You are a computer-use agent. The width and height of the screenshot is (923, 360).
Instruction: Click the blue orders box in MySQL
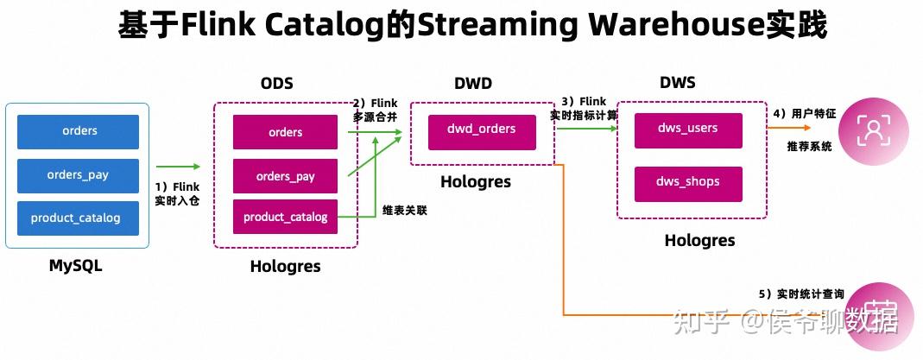(79, 132)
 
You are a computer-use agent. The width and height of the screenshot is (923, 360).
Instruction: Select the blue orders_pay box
(79, 175)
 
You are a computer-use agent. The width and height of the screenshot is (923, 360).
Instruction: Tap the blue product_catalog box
(79, 218)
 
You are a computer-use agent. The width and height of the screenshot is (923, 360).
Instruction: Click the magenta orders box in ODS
(286, 132)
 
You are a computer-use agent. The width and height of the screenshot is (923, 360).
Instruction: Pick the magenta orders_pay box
(286, 176)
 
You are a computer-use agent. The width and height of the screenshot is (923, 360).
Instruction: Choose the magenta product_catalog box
(286, 217)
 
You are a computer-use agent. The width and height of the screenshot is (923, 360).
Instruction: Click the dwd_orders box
(482, 132)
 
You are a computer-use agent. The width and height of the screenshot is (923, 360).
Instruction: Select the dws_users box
(688, 130)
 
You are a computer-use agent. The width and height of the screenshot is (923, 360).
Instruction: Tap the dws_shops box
(688, 184)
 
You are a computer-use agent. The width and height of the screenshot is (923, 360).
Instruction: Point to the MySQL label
(75, 266)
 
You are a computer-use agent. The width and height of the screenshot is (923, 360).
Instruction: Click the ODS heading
(276, 84)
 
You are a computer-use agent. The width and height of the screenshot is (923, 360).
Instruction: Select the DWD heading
(473, 84)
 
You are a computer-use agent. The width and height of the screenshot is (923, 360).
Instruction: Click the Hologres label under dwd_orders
(476, 182)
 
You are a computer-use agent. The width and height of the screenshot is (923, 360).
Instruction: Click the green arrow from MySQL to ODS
(179, 167)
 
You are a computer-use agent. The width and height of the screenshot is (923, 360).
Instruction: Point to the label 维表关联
(405, 211)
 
